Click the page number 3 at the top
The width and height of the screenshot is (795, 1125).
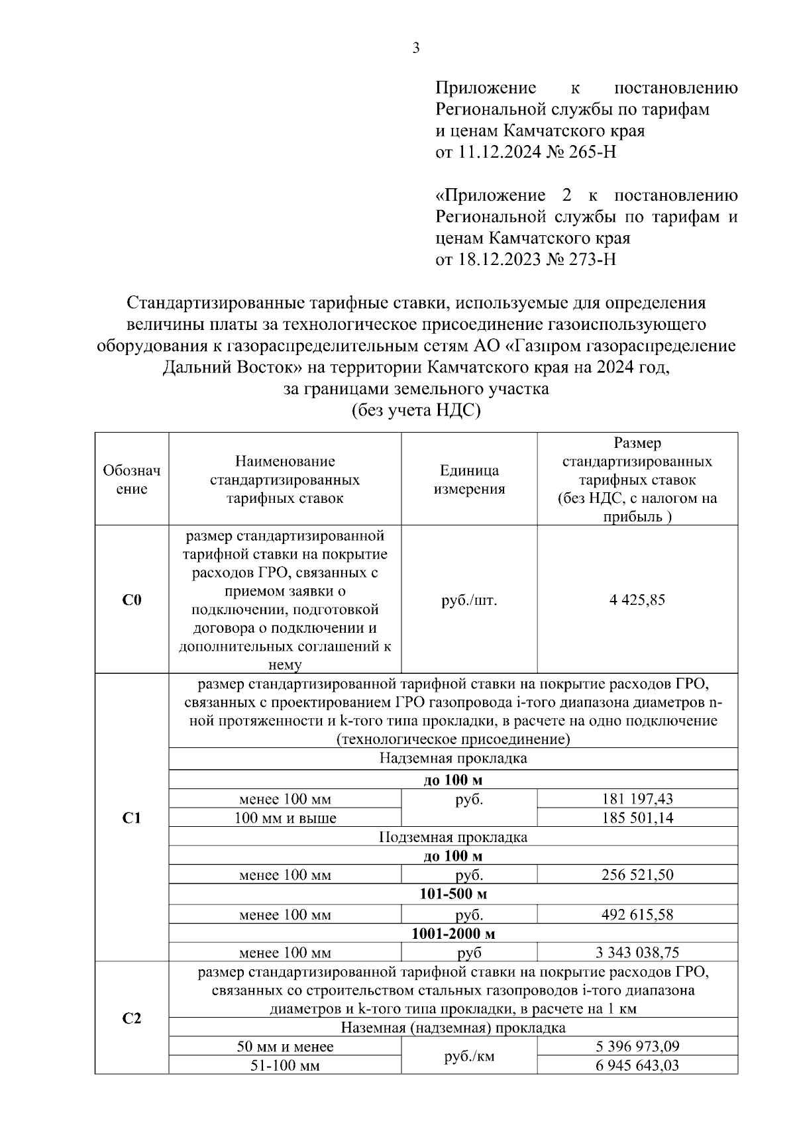pyautogui.click(x=416, y=48)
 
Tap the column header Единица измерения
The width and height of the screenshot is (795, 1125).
pyautogui.click(x=469, y=480)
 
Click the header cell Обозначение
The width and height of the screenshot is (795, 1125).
pyautogui.click(x=132, y=480)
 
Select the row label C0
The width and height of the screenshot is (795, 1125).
pyautogui.click(x=132, y=600)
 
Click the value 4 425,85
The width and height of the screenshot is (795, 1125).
pyautogui.click(x=637, y=600)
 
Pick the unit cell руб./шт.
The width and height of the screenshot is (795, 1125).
pyautogui.click(x=469, y=600)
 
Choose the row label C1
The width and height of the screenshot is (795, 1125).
pyautogui.click(x=132, y=818)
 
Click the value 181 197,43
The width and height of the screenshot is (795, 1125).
pyautogui.click(x=637, y=799)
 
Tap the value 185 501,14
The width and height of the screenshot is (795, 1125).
pyautogui.click(x=637, y=818)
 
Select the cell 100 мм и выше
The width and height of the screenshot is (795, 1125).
pyautogui.click(x=285, y=818)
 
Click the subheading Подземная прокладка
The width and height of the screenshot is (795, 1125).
pyautogui.click(x=453, y=837)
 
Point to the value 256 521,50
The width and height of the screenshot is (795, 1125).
pyautogui.click(x=637, y=875)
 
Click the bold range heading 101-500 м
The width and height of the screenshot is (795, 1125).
pyautogui.click(x=453, y=894)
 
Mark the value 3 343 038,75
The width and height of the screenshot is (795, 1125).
pyautogui.click(x=637, y=953)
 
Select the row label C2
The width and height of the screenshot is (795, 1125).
pyautogui.click(x=132, y=1018)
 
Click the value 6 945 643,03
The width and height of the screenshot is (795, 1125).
pyautogui.click(x=637, y=1066)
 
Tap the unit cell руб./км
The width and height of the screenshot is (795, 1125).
pyautogui.click(x=469, y=1056)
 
